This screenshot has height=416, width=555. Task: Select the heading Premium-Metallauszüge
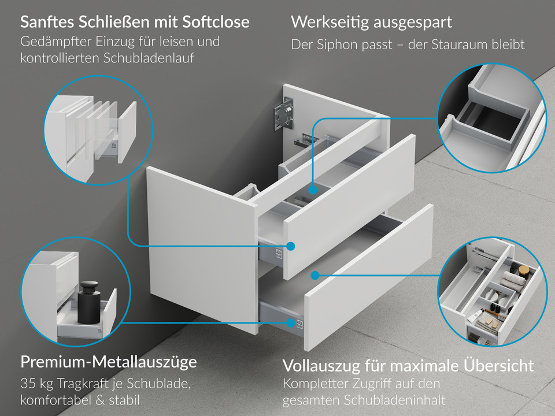(109, 362)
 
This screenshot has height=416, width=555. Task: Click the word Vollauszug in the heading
(317, 366)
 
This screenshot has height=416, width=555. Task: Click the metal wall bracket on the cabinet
(285, 114)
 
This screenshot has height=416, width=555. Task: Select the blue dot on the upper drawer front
(291, 246)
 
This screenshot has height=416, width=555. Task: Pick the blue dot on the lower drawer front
(316, 275)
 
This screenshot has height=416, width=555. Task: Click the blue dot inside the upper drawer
(312, 189)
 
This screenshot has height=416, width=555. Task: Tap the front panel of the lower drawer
(370, 277)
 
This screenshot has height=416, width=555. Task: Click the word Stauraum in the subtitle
(456, 44)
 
